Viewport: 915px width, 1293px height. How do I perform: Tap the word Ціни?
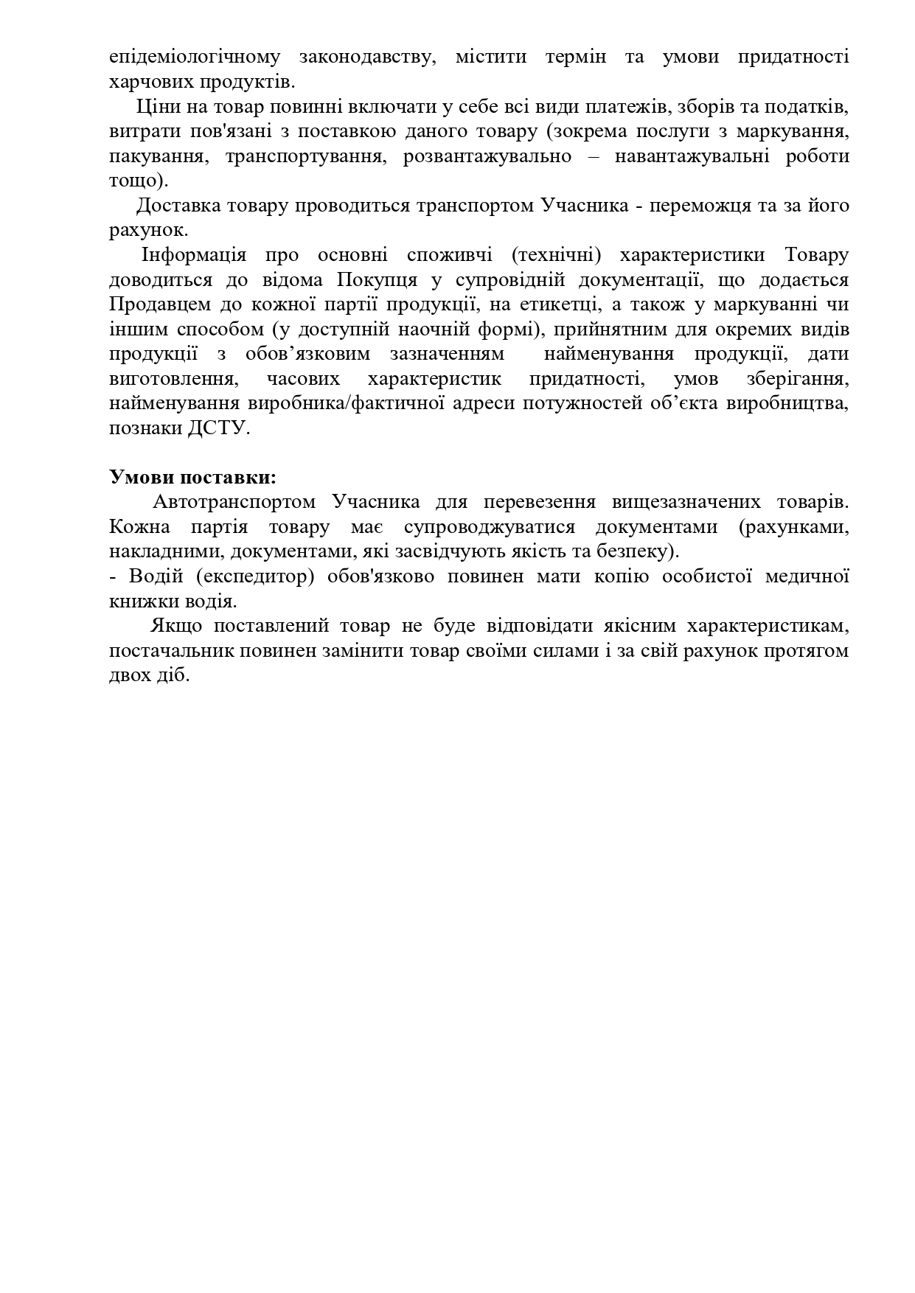(x=156, y=106)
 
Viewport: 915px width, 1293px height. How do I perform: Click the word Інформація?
(x=194, y=255)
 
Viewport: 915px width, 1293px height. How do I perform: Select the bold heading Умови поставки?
(x=192, y=477)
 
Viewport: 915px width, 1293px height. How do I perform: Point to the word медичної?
(x=807, y=576)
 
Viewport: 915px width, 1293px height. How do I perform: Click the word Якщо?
(x=173, y=626)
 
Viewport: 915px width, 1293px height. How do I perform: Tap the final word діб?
(x=175, y=675)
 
